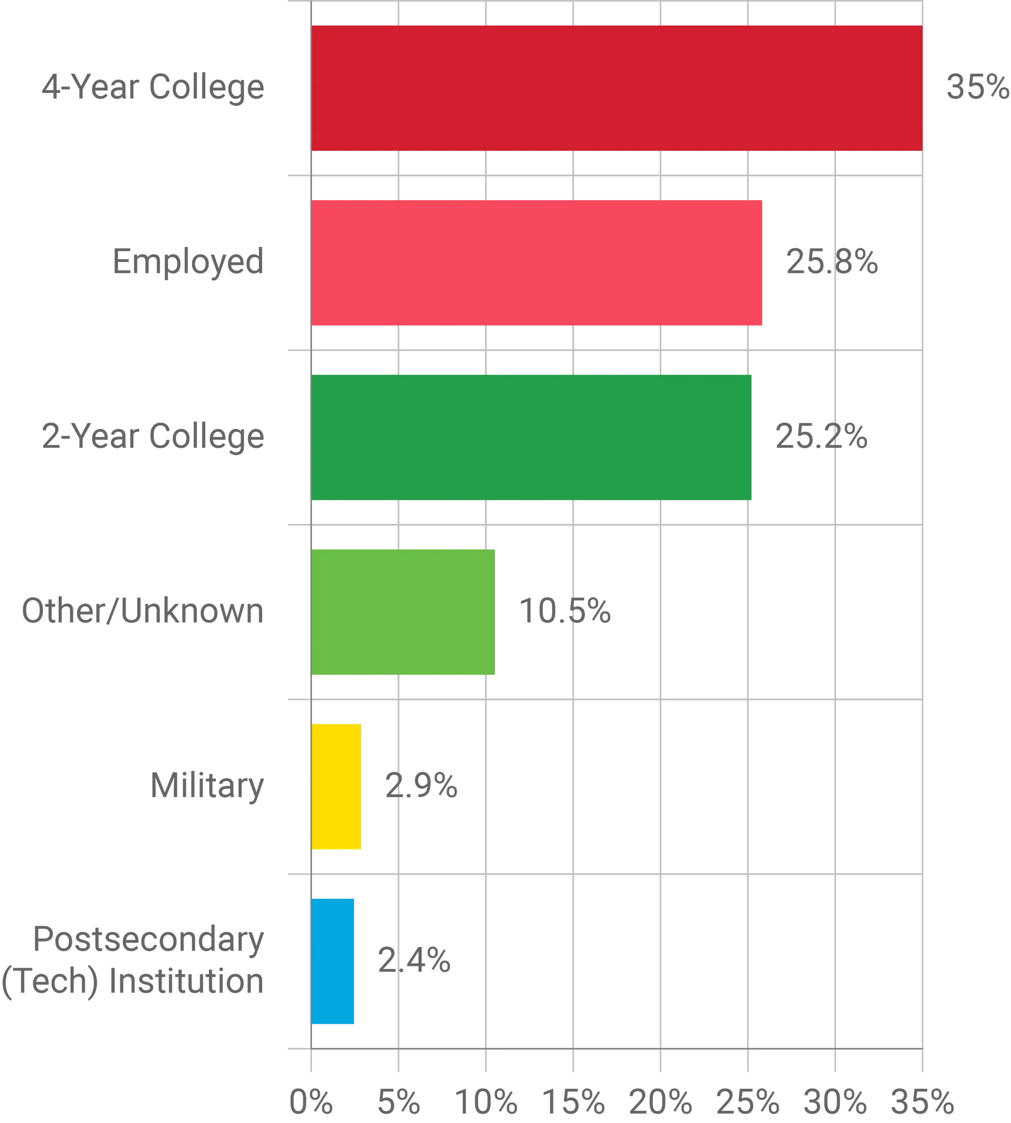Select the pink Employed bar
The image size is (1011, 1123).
point(538,263)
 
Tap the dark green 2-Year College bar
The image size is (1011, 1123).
point(532,438)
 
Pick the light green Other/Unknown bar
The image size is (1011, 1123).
point(405,612)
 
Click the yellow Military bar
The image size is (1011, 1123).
point(337,787)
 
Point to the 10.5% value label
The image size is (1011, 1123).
point(564,612)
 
